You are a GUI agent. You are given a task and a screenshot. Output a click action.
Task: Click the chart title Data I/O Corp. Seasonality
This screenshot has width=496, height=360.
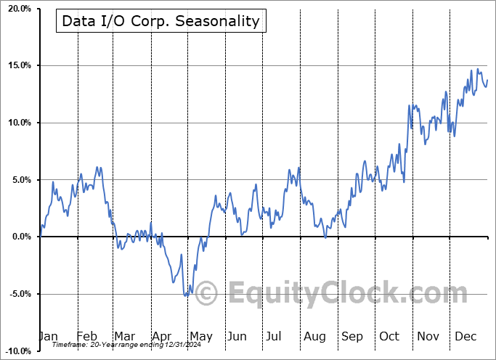pos(160,21)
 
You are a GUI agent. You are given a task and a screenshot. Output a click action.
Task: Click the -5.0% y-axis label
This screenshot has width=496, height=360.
pos(18,294)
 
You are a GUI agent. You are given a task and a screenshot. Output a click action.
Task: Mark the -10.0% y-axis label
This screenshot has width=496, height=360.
pos(17,351)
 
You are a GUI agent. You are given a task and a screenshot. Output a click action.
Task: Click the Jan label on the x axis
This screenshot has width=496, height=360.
pos(48,336)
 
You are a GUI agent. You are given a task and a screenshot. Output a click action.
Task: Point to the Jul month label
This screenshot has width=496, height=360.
pos(274,336)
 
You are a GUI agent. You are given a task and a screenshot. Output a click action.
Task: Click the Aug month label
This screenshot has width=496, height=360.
pos(314,336)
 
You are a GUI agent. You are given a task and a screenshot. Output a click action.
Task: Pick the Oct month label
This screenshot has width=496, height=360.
pos(389,336)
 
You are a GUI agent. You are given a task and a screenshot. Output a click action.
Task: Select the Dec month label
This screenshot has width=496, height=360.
pos(465,336)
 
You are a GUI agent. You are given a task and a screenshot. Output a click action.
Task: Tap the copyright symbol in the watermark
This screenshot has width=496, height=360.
pos(206,294)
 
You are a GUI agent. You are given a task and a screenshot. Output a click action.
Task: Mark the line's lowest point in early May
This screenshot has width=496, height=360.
pos(187,295)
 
